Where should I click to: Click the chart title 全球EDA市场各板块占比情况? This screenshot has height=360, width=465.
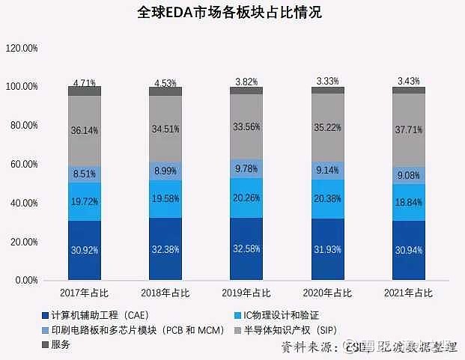(x=232, y=13)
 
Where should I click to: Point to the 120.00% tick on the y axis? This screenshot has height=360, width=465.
(x=22, y=48)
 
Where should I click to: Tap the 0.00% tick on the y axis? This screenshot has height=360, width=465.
(x=27, y=281)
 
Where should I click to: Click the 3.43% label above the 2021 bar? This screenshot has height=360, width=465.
(x=408, y=80)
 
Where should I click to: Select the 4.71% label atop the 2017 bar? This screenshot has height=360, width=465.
(x=84, y=82)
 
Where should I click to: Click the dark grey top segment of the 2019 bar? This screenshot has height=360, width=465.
(x=246, y=91)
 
